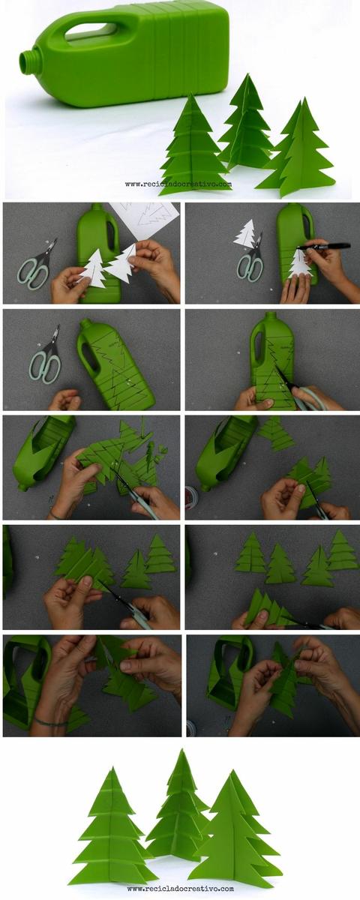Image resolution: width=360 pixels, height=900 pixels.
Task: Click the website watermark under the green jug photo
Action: (x=178, y=184)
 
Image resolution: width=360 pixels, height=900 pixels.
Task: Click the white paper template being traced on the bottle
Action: (x=299, y=264)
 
